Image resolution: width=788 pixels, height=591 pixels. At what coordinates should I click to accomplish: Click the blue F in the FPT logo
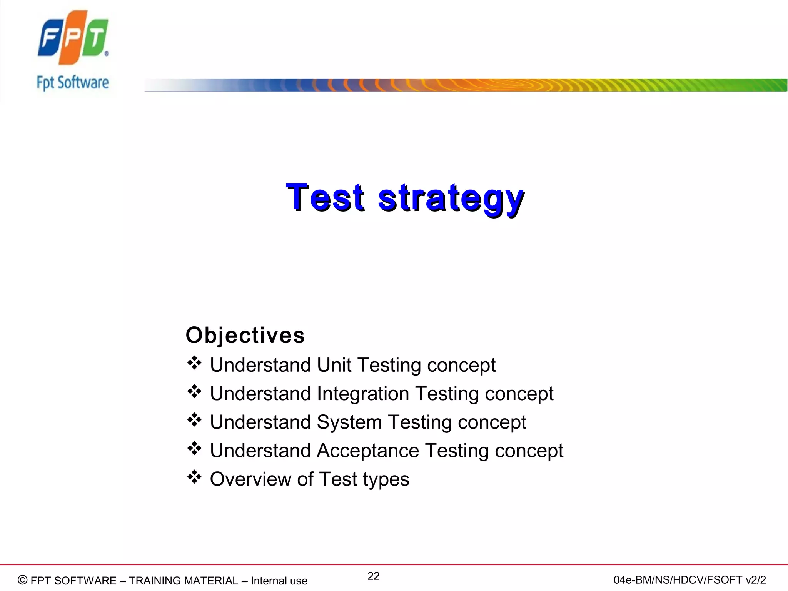[49, 38]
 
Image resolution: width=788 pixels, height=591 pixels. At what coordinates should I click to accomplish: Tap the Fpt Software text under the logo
[73, 83]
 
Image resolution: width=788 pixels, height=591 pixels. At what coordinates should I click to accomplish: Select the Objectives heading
[245, 335]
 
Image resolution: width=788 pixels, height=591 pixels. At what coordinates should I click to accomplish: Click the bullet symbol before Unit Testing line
[194, 363]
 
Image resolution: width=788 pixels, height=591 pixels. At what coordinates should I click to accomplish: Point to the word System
[349, 422]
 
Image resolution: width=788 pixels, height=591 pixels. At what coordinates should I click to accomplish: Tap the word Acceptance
[368, 451]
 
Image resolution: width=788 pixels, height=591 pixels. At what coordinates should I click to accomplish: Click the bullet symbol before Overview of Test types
[194, 477]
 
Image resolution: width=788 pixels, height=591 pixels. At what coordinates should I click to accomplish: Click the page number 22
[373, 576]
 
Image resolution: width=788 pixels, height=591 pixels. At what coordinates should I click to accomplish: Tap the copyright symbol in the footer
[23, 580]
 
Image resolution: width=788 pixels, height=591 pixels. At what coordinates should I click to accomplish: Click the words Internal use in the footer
[279, 581]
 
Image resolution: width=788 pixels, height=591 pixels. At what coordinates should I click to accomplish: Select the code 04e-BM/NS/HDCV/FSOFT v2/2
[689, 580]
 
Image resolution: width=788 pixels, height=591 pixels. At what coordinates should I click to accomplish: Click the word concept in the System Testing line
[492, 422]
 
